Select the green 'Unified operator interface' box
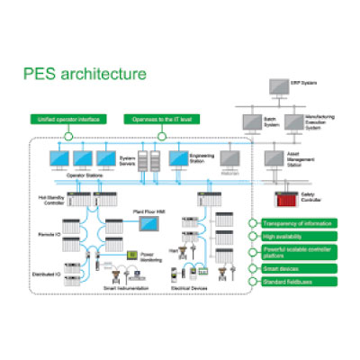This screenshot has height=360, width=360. point(68,119)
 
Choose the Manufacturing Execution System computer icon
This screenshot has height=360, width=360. point(293,123)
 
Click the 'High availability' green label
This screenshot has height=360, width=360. point(289,236)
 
